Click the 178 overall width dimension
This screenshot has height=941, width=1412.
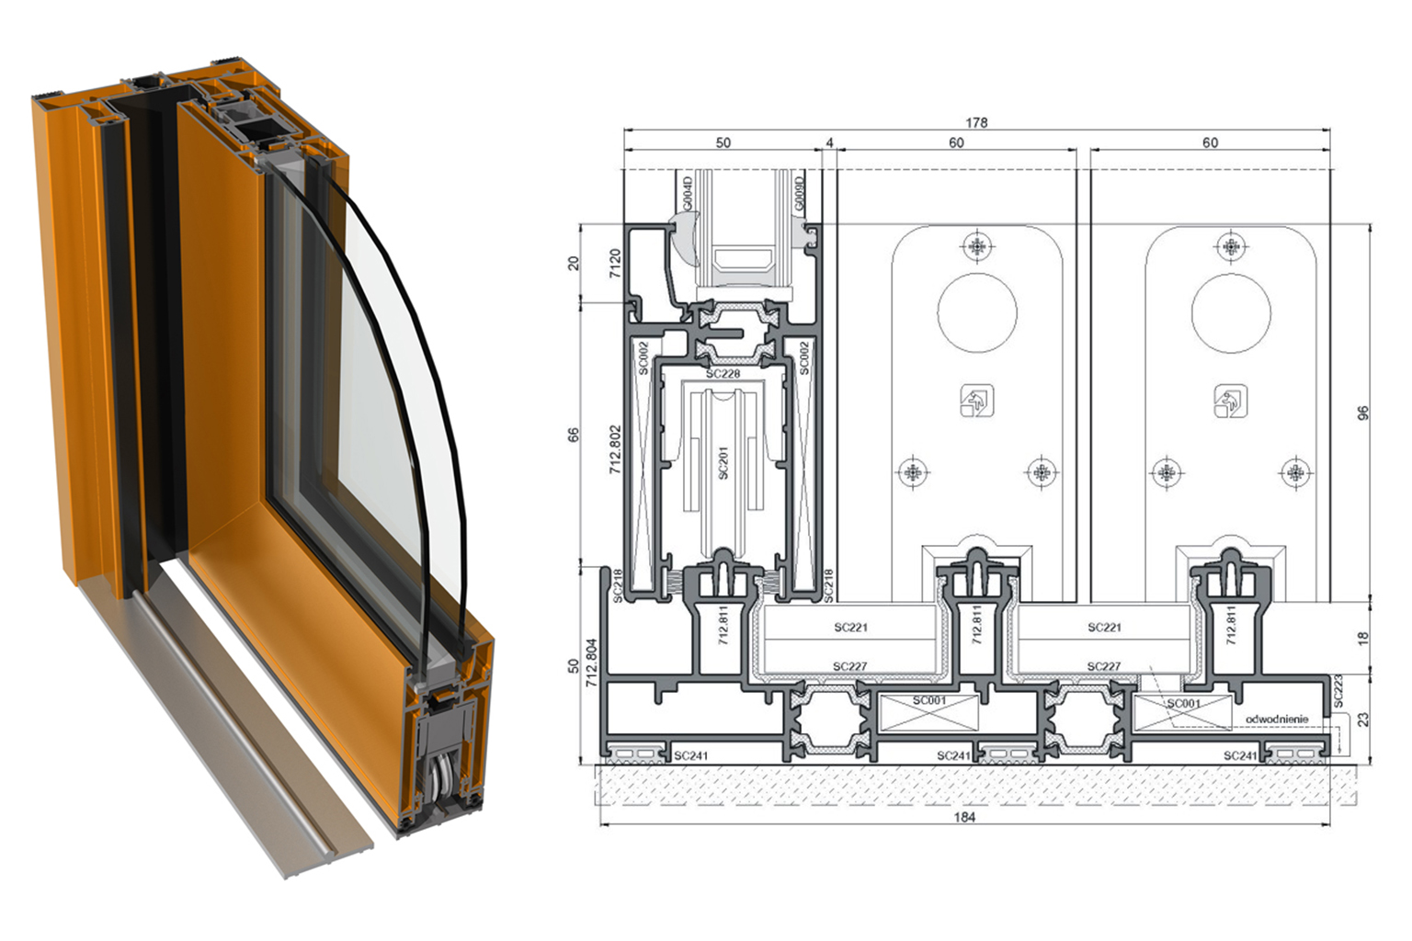point(976,122)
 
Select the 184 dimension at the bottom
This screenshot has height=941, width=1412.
point(964,818)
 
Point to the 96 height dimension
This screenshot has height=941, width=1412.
point(1363,414)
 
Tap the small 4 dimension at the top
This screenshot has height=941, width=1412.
point(829,143)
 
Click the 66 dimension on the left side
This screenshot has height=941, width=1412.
point(573,435)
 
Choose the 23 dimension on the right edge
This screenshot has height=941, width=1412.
point(1363,720)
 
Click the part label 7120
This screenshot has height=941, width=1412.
point(615,264)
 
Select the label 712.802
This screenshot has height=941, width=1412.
point(615,450)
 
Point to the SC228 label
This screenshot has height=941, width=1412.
point(723,374)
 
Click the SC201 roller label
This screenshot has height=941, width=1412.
point(723,463)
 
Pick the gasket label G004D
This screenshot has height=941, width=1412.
point(687,194)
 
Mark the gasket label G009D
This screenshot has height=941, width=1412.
point(799,194)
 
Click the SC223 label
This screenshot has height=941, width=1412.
point(1338,691)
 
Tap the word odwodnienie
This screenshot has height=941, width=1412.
point(1277,719)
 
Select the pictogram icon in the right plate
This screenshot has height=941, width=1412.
point(1231,401)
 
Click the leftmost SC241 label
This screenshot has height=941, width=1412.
point(691,755)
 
